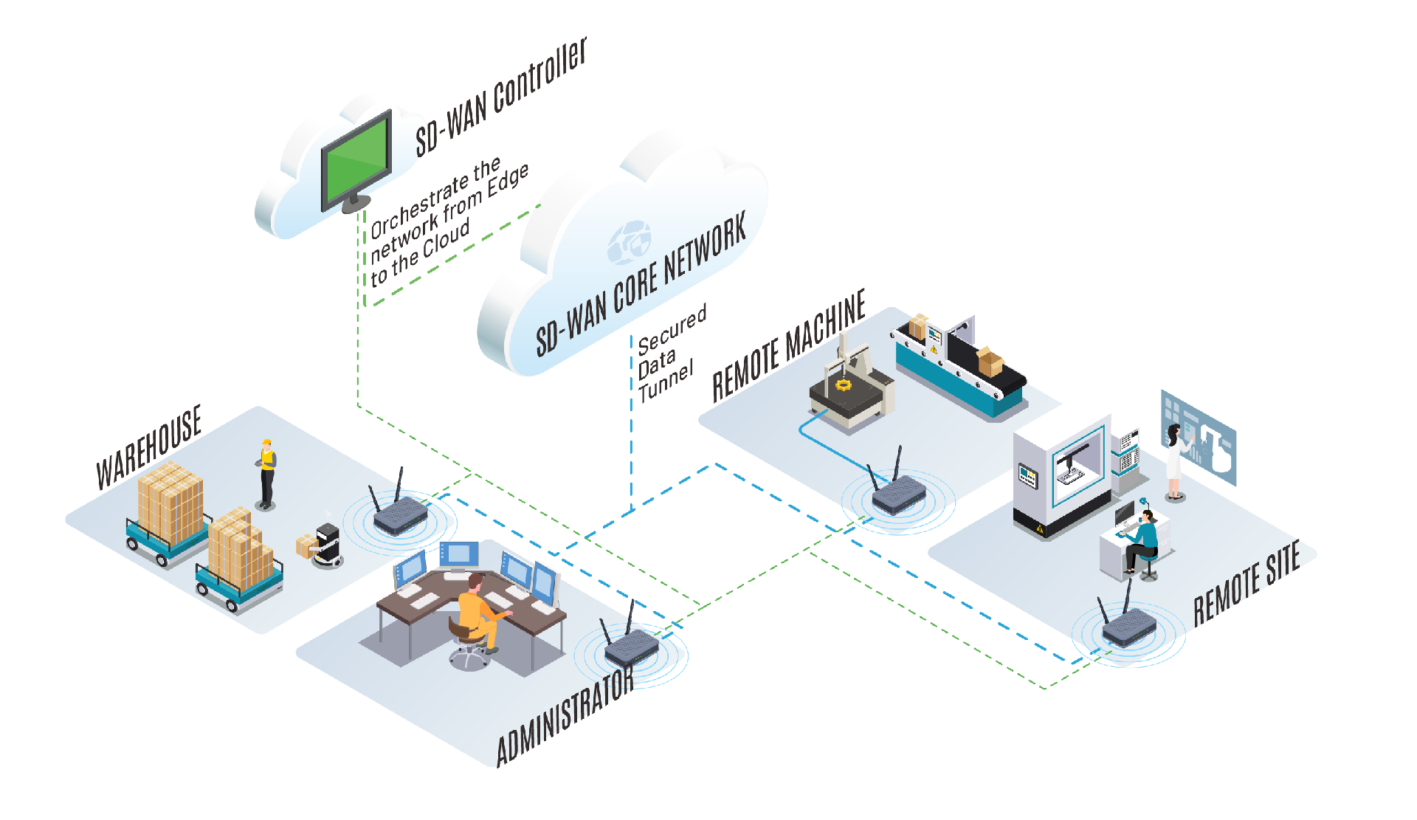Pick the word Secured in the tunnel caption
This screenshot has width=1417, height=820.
pos(672,329)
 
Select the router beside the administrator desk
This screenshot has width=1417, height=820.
pos(631,648)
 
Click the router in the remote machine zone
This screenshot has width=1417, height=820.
pos(898,492)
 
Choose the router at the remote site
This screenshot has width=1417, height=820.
pos(1129,629)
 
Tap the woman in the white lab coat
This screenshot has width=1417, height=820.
pos(1174,461)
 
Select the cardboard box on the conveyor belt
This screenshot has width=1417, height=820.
pos(989,361)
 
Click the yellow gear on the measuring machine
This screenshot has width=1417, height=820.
pos(843,385)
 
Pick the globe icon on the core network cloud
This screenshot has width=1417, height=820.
pos(630,242)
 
